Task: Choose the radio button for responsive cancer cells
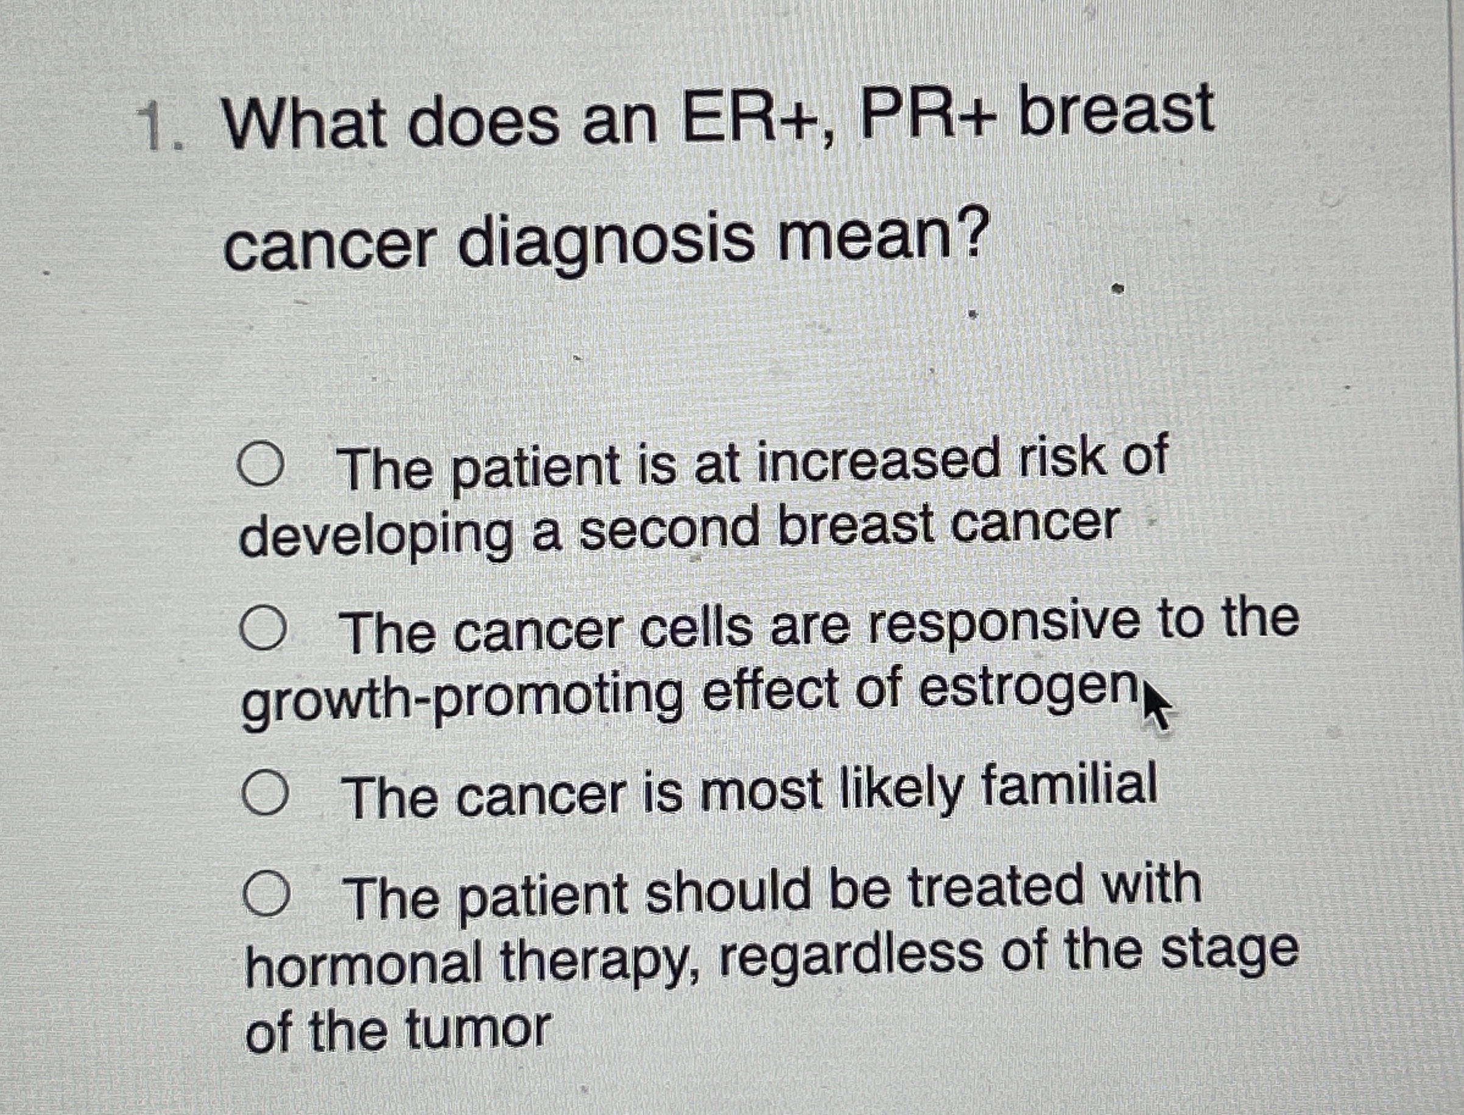point(264,629)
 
